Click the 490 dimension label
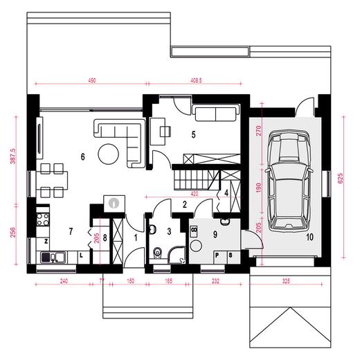(x=91, y=81)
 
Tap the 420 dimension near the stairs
(x=196, y=195)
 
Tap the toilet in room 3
(x=159, y=251)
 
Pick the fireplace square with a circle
(x=113, y=203)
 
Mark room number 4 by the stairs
(x=226, y=193)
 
